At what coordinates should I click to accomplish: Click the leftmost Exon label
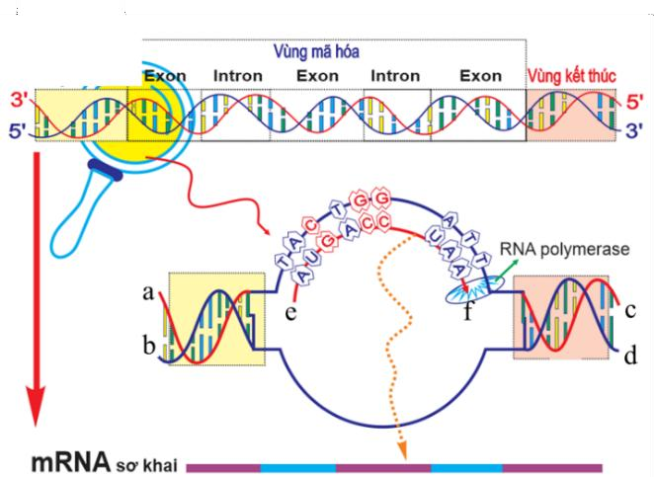click(x=165, y=75)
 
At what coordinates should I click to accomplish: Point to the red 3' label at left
click(x=17, y=99)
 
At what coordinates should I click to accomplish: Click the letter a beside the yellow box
click(x=149, y=292)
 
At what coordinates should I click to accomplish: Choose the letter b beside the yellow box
click(x=149, y=347)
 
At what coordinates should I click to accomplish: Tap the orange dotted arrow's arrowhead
click(x=403, y=451)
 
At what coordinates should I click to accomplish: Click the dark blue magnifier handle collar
click(x=104, y=175)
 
